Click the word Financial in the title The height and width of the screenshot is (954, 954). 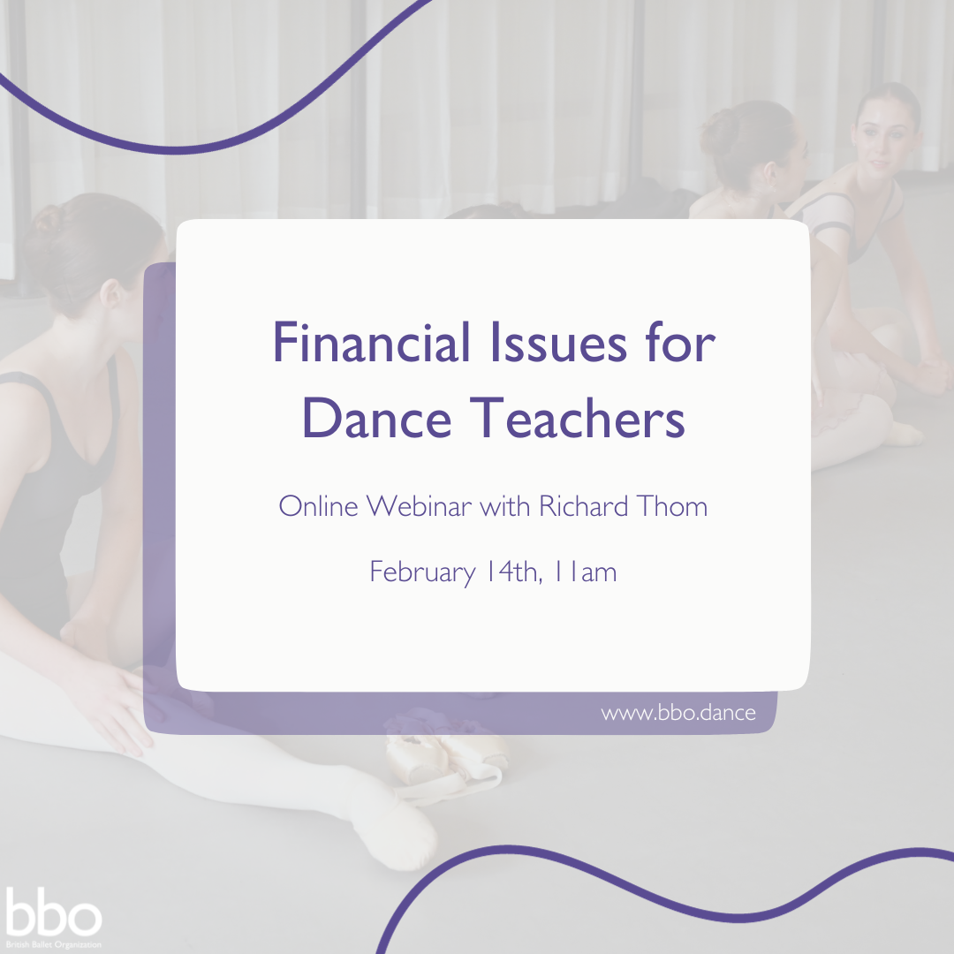click(371, 342)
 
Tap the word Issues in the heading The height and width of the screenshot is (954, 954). click(558, 342)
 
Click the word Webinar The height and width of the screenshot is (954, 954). click(419, 505)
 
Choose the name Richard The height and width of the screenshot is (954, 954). click(584, 505)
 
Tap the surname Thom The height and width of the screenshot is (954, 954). click(672, 505)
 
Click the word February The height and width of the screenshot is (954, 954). click(423, 572)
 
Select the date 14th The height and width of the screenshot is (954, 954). click(513, 572)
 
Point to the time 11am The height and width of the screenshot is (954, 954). click(587, 572)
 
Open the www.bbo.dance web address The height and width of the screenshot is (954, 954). click(678, 713)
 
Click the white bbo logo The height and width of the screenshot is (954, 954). click(53, 912)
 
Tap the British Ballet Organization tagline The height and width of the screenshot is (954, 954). click(54, 945)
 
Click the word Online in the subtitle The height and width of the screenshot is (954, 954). click(318, 505)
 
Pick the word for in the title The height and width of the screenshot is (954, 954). click(681, 342)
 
